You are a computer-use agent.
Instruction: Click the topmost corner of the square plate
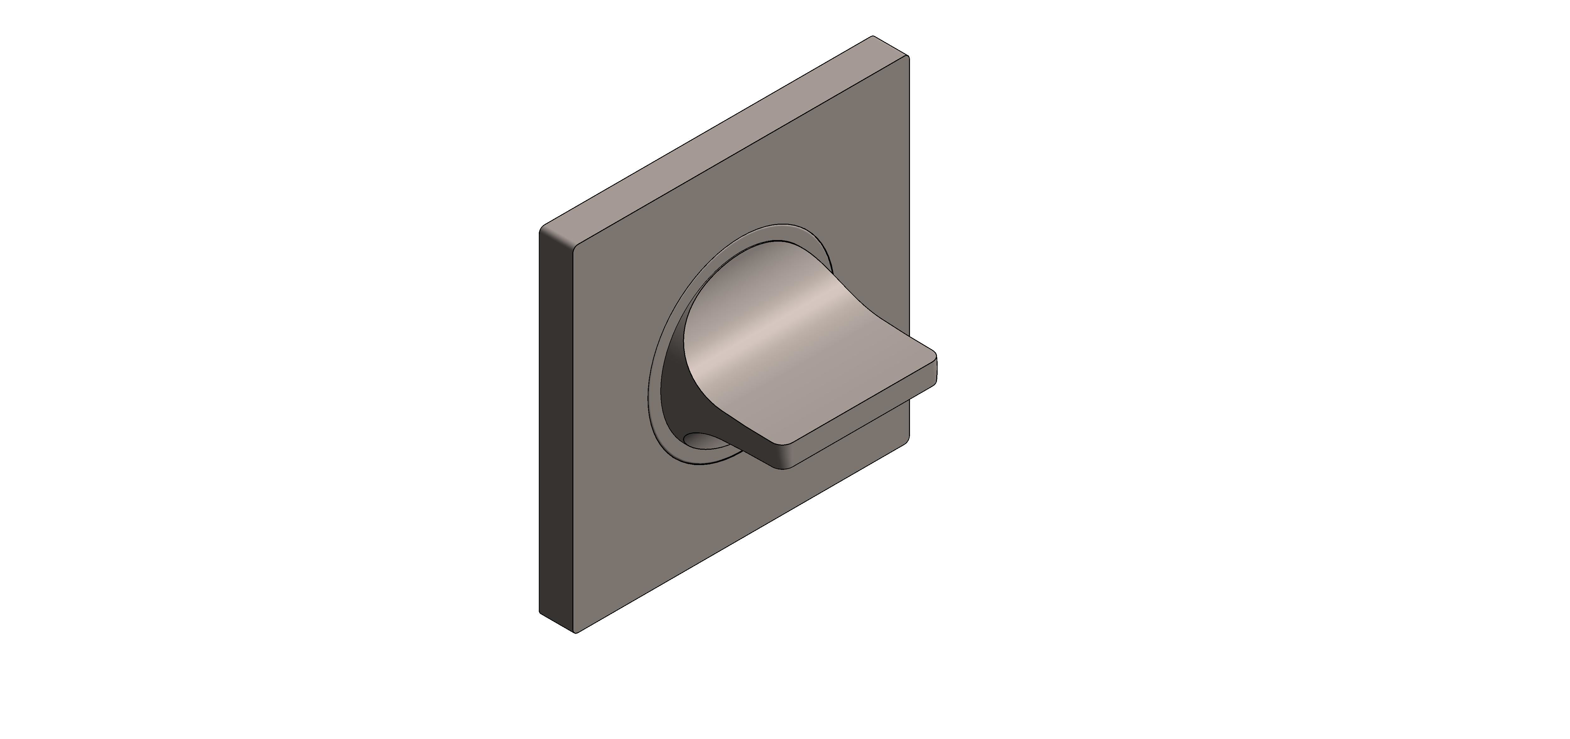click(x=873, y=36)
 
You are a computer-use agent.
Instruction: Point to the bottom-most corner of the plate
click(x=575, y=634)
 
